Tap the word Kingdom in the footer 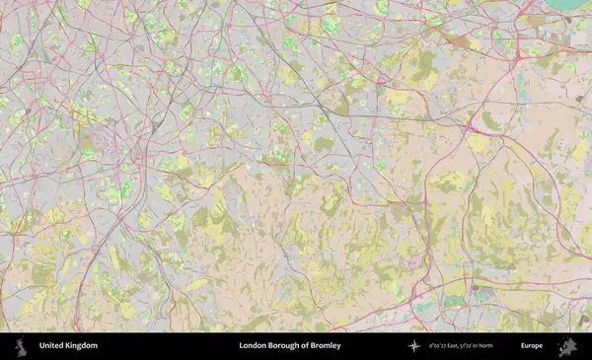(81, 346)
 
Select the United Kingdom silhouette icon (19, 346)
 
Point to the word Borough (290, 346)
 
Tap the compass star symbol (414, 346)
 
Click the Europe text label (532, 346)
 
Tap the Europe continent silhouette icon (567, 346)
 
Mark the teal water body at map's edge (571, 4)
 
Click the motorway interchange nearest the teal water (541, 19)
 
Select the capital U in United (41, 346)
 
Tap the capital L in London (242, 346)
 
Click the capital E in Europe (523, 346)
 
